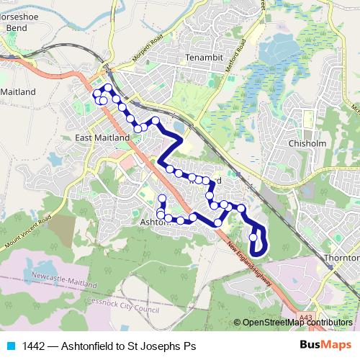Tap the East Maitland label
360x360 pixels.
point(102,137)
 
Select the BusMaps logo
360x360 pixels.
point(322,346)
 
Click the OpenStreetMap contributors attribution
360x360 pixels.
point(297,323)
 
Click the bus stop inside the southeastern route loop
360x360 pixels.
point(253,237)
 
